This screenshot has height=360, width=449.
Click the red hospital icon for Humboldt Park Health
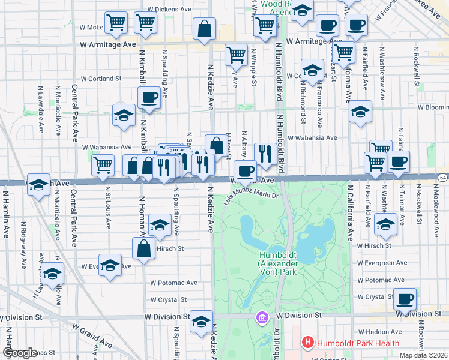(x=308, y=343)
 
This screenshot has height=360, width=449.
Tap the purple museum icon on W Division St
(x=262, y=316)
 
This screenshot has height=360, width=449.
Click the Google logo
(x=20, y=353)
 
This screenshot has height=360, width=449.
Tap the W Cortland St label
(x=101, y=79)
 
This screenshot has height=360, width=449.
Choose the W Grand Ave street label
(x=92, y=336)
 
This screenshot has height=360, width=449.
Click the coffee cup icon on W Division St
(x=405, y=298)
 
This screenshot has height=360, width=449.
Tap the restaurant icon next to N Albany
(x=265, y=153)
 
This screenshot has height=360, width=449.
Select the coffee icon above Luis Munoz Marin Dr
(x=244, y=171)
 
